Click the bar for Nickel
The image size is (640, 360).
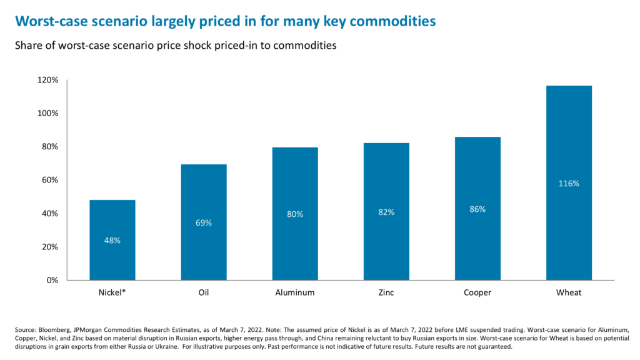coord(112,240)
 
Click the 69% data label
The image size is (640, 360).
coord(204,223)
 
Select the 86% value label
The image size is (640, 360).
coord(477,209)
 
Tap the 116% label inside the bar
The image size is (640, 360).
coord(569,184)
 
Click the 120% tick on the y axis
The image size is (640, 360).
coord(48,80)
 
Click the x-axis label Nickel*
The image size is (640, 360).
coord(112,292)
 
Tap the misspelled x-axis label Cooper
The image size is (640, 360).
coord(477,292)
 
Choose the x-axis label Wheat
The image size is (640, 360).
coord(569,292)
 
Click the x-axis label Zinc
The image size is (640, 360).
coord(386,292)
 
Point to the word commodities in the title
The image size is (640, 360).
coord(391,21)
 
